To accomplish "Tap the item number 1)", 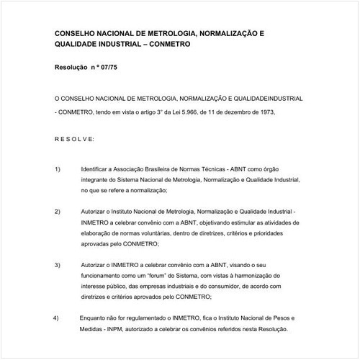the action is point(58,168).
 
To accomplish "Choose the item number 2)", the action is point(58,212).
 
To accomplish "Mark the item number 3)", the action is point(58,266).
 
